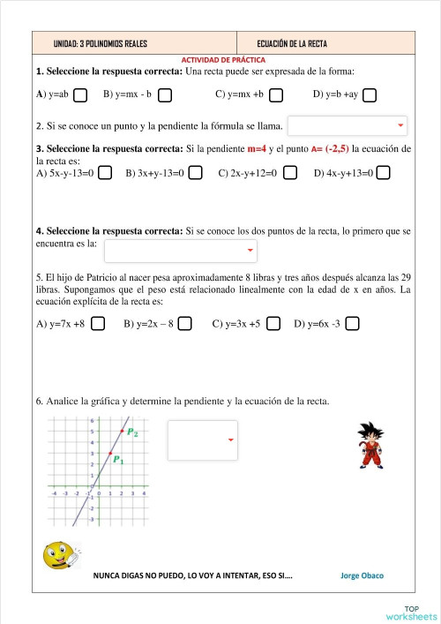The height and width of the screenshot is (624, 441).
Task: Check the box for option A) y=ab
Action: (80, 94)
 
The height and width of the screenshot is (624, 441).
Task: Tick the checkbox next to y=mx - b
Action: (165, 94)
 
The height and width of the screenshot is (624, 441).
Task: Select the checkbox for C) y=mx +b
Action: (276, 94)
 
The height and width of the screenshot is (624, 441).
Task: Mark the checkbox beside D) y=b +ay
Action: (370, 94)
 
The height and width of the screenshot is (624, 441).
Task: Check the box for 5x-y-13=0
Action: (105, 173)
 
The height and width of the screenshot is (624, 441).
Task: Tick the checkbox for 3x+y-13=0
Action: (196, 173)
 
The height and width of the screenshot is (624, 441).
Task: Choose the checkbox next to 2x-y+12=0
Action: (290, 173)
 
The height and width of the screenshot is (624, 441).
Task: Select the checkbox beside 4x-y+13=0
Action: (383, 173)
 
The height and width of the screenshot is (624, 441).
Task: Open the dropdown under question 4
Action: (180, 251)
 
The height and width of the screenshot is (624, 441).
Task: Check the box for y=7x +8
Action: (98, 324)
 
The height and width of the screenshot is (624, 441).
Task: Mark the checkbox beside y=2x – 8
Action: (184, 324)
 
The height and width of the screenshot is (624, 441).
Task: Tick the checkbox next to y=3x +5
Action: (273, 324)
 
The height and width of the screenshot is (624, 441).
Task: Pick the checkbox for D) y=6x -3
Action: (352, 324)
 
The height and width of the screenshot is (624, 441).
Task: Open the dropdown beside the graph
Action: (203, 440)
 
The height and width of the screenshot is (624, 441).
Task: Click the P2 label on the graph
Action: (132, 432)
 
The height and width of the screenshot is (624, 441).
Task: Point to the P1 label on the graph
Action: (118, 460)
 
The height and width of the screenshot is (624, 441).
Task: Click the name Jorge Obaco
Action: (362, 575)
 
